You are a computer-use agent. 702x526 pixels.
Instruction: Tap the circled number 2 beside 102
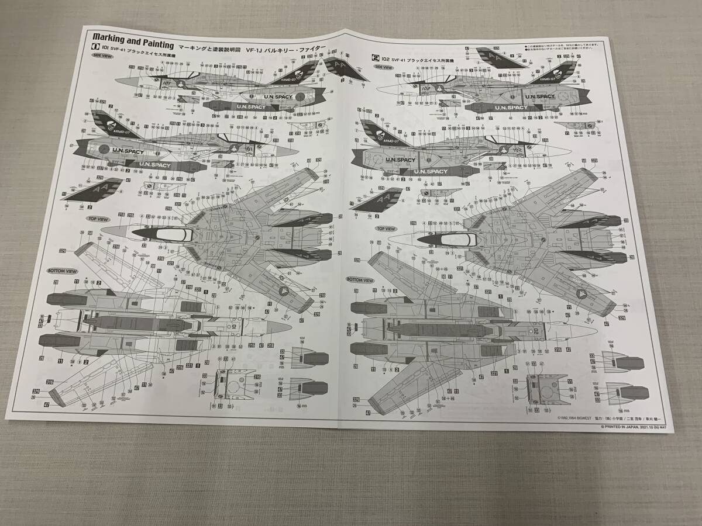coord(376,58)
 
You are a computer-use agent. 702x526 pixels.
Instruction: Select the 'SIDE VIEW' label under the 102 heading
coord(384,67)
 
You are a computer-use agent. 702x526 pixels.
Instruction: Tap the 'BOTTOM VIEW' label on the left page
coord(61,272)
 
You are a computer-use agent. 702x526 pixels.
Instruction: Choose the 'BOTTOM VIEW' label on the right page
coord(360,280)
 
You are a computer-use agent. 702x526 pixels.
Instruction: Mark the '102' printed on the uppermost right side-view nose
coord(426,89)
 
